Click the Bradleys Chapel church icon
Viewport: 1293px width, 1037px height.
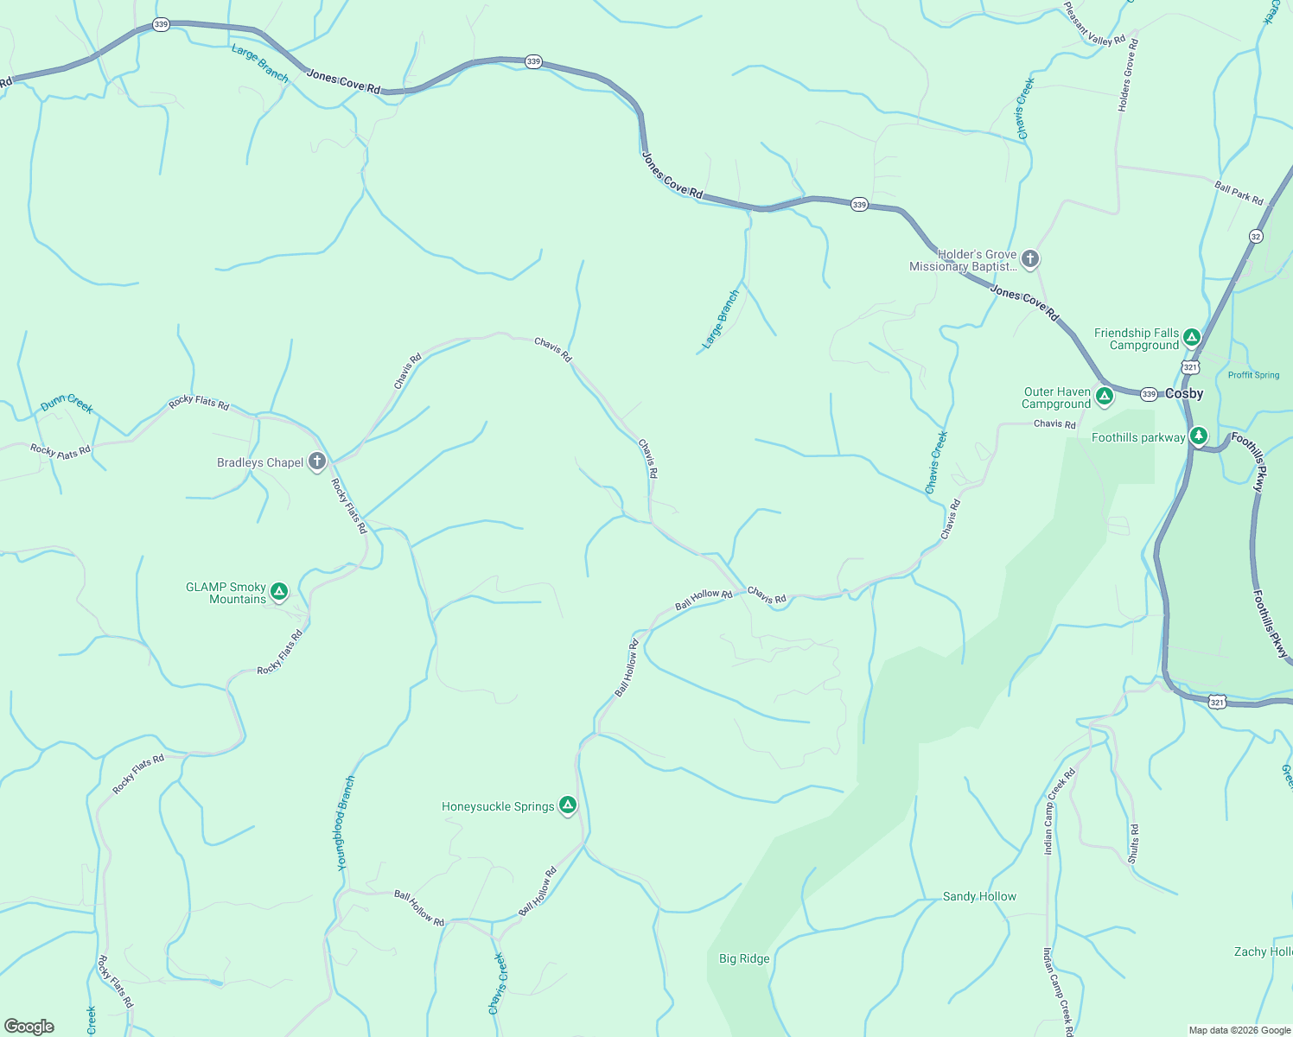pyautogui.click(x=317, y=461)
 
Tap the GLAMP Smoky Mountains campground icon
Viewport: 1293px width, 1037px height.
pyautogui.click(x=278, y=592)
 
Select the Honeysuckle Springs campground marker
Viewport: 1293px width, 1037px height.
pyautogui.click(x=567, y=805)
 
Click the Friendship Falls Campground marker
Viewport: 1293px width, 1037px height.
pyautogui.click(x=1192, y=337)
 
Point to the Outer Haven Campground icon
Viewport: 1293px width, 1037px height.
pyautogui.click(x=1104, y=397)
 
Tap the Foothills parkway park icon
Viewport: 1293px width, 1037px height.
pyautogui.click(x=1198, y=436)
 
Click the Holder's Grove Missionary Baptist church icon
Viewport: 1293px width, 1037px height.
pyautogui.click(x=1029, y=258)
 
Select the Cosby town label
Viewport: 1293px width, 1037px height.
pyautogui.click(x=1184, y=393)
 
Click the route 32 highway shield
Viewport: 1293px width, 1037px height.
pyautogui.click(x=1256, y=236)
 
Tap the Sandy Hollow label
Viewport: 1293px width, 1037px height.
pyautogui.click(x=979, y=896)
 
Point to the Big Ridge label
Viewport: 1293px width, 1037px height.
pyautogui.click(x=744, y=958)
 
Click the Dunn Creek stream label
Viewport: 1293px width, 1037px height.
pyautogui.click(x=67, y=404)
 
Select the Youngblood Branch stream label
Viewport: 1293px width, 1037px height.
pyautogui.click(x=346, y=823)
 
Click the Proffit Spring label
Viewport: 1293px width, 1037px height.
pyautogui.click(x=1253, y=375)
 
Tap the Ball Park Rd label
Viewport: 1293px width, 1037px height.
pyautogui.click(x=1239, y=194)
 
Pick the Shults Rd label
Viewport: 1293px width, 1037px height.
pyautogui.click(x=1133, y=844)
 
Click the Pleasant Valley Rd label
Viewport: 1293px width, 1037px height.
pyautogui.click(x=1094, y=24)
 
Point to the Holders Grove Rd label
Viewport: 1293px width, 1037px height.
pyautogui.click(x=1127, y=75)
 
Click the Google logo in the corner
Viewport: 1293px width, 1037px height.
pyautogui.click(x=29, y=1027)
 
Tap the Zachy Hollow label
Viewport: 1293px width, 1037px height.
pyautogui.click(x=1263, y=951)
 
